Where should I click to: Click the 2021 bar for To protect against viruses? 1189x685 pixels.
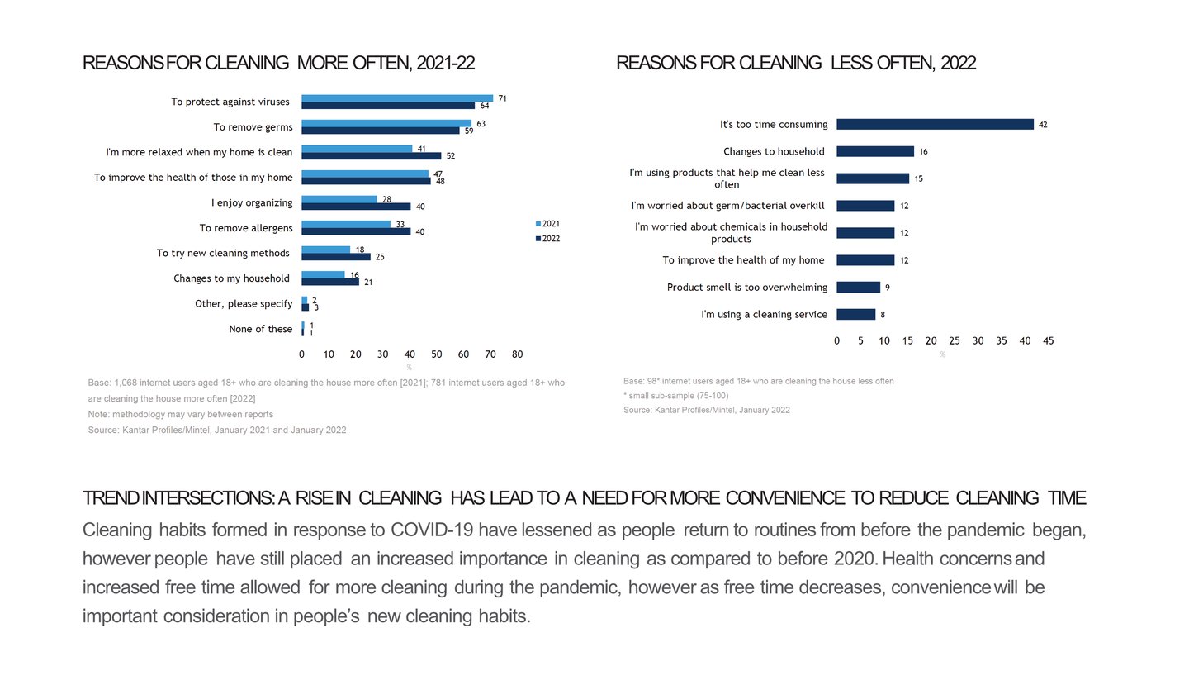point(397,98)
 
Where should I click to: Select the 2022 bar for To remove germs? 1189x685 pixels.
point(381,131)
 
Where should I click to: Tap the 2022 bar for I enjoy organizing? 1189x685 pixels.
point(356,207)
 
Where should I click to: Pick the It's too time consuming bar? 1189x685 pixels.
point(935,125)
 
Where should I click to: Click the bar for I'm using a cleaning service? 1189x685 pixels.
point(855,315)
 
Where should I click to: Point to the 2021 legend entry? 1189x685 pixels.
point(547,224)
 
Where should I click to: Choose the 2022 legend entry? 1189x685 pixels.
point(547,239)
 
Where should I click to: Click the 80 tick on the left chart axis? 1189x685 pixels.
point(518,354)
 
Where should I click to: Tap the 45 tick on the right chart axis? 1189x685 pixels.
point(1049,341)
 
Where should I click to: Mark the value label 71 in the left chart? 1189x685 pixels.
point(502,98)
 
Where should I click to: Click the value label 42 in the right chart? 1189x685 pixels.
point(1043,125)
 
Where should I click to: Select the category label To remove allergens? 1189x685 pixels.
point(246,228)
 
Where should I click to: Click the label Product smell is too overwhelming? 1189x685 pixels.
point(747,288)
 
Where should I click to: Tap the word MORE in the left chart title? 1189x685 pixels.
point(322,63)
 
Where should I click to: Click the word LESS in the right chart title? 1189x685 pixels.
point(854,63)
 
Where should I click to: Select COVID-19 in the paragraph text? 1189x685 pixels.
point(430,530)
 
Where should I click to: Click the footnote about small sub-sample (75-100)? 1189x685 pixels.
point(676,396)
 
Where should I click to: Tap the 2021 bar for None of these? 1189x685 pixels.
point(303,326)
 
